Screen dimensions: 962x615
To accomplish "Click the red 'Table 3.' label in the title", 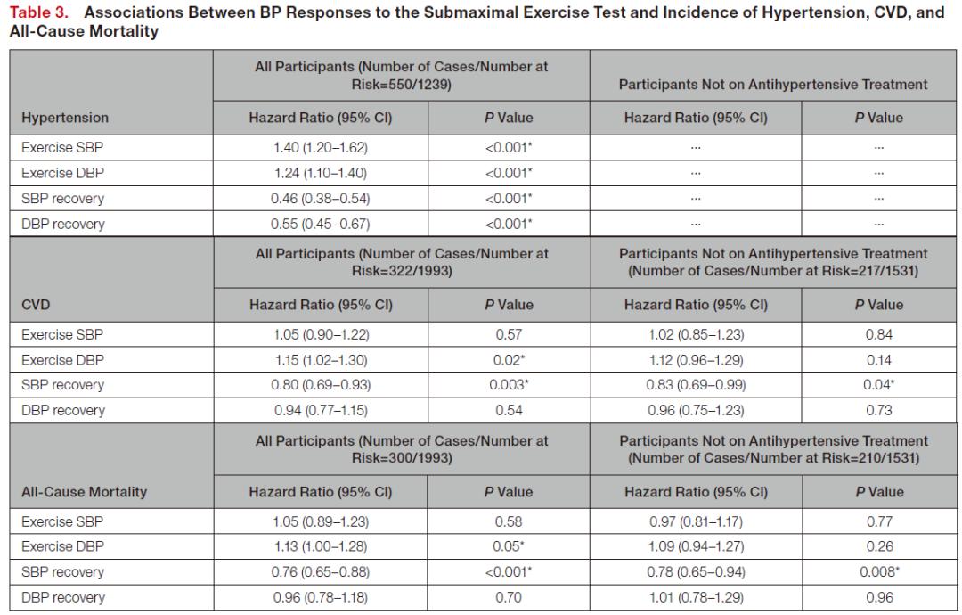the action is click(x=38, y=12).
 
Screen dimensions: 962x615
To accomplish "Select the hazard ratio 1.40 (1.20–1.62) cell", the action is click(x=321, y=147).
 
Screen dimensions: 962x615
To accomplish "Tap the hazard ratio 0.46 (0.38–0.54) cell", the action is click(x=321, y=198).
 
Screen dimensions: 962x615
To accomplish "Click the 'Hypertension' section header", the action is click(x=65, y=118).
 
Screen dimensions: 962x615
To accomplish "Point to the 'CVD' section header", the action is click(x=36, y=305).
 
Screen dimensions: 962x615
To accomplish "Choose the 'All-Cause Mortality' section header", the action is click(x=84, y=492).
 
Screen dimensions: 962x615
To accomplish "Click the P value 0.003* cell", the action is click(x=509, y=385).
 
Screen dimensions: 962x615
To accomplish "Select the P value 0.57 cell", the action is click(x=509, y=334).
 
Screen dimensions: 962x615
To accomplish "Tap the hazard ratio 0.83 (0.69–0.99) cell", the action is click(x=696, y=385).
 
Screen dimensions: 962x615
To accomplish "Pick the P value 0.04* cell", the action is click(x=879, y=385).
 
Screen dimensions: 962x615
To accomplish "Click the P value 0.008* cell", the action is click(x=879, y=571).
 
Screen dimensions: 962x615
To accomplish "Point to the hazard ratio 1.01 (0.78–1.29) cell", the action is click(x=696, y=597).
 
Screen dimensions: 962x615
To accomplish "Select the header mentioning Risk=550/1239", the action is click(x=401, y=76).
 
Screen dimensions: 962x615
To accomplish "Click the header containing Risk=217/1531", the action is click(x=773, y=262).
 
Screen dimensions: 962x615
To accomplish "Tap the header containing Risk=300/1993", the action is click(x=402, y=449).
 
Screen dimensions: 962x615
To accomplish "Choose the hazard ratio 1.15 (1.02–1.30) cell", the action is click(x=321, y=360).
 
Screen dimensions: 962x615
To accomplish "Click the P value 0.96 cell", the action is click(x=879, y=597).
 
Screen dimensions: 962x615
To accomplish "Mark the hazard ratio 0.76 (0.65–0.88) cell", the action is click(x=321, y=571).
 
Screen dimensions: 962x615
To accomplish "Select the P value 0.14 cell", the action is click(x=879, y=360).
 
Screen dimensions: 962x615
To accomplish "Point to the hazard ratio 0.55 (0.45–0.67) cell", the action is click(x=321, y=224).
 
